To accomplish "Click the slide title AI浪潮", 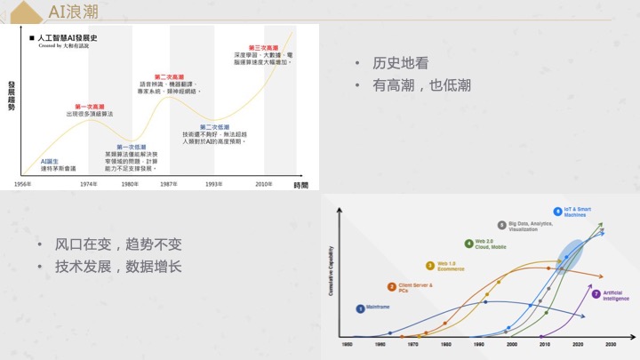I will click(x=74, y=12).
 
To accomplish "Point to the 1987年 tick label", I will click(x=168, y=184).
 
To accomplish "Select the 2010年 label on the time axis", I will click(x=264, y=184).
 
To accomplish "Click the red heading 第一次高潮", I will click(x=90, y=107).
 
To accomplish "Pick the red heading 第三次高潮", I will click(x=264, y=47).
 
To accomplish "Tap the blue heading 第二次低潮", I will click(x=214, y=127).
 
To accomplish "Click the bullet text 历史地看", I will click(x=401, y=63).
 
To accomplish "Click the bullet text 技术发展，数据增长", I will click(x=118, y=266).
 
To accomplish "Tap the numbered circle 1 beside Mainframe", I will click(x=360, y=308).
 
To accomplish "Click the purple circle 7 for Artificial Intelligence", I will click(x=596, y=293).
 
